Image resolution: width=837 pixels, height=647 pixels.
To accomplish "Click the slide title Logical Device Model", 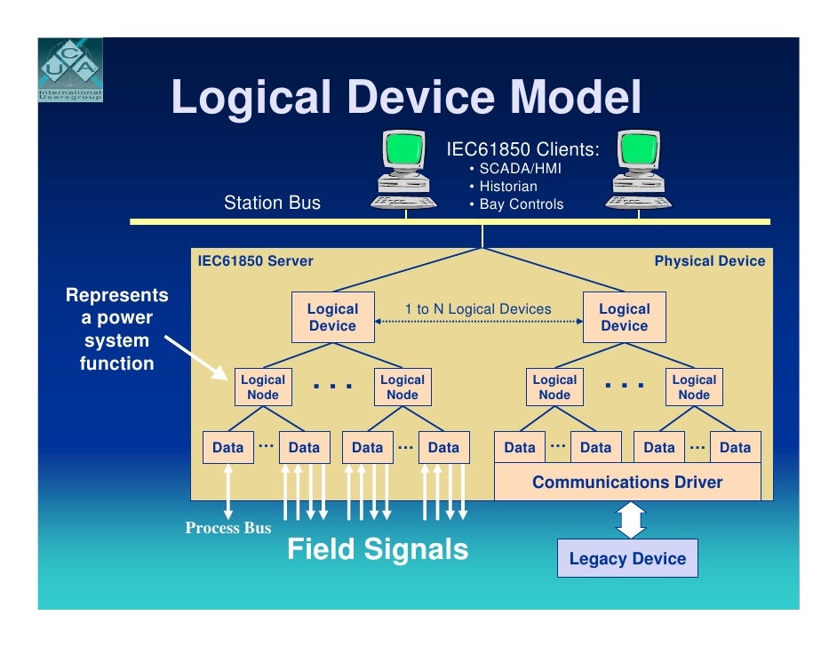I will point(405,97).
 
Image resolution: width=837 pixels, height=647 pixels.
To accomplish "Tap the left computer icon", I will point(405,171).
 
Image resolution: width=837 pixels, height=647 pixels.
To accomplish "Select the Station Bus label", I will point(272,203).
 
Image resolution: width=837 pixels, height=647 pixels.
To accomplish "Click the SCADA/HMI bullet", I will point(520,169).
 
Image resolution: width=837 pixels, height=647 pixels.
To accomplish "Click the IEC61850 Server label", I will point(255,261).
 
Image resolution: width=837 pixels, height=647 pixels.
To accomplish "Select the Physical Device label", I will point(709,261).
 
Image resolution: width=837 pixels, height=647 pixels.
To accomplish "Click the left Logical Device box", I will point(332,317).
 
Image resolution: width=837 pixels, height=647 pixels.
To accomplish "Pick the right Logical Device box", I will point(625,317).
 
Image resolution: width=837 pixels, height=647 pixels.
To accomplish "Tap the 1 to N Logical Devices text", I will point(478,309).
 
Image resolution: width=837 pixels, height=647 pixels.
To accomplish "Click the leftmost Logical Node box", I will point(263,387).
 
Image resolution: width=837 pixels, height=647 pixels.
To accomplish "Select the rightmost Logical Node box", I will point(694,387).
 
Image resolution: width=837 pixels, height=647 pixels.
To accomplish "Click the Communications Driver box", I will point(626,483).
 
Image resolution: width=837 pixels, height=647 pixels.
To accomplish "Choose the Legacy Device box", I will point(627,559).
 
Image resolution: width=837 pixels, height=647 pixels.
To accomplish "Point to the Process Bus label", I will point(228,528).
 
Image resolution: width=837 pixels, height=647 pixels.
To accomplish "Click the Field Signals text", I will point(378,549).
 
